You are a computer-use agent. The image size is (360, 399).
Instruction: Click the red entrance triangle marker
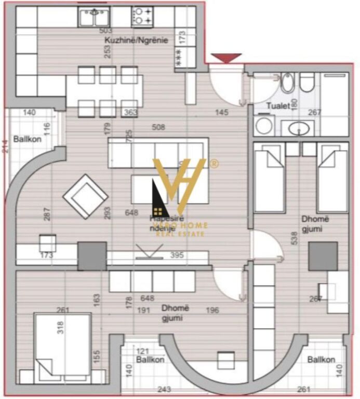[226, 58]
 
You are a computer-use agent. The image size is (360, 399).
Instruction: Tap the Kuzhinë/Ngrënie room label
[136, 41]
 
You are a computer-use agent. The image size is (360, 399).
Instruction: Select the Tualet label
[277, 106]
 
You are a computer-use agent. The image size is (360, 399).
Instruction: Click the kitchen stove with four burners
[143, 16]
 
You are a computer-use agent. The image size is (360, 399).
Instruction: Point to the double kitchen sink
[94, 18]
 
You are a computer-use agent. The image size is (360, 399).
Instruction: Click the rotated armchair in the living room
[85, 196]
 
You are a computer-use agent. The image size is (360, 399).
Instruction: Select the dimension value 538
[294, 238]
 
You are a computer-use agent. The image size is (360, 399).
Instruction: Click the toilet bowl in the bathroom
[307, 82]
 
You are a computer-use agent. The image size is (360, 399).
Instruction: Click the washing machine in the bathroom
[265, 126]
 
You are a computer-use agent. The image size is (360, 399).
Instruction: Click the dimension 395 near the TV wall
[178, 255]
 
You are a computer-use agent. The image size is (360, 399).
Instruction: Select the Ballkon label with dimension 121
[150, 360]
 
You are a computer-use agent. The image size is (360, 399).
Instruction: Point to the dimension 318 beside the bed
[60, 327]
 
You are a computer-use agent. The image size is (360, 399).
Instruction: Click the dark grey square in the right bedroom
[323, 256]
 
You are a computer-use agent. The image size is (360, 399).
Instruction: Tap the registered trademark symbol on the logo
[214, 163]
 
